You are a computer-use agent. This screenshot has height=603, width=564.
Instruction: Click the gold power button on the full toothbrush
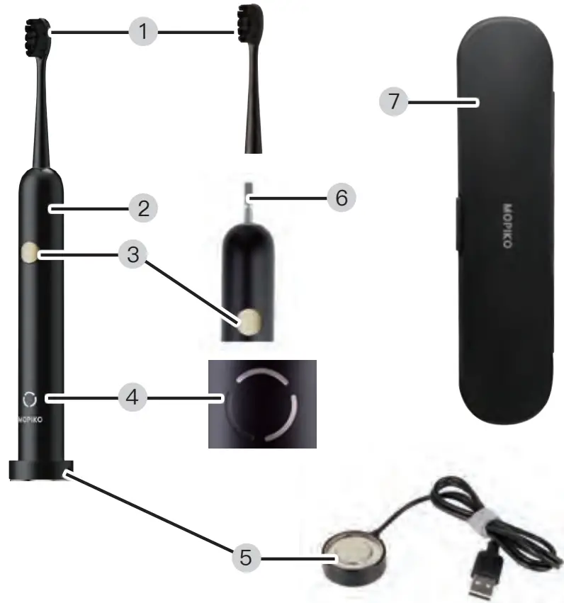[x=30, y=252]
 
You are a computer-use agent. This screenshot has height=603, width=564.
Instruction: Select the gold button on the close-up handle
[x=249, y=323]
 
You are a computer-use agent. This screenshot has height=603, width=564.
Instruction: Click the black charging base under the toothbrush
[x=41, y=470]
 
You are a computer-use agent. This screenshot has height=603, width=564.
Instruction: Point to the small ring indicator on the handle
[x=28, y=398]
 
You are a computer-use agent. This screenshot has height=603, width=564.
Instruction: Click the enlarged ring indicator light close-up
[x=261, y=406]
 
